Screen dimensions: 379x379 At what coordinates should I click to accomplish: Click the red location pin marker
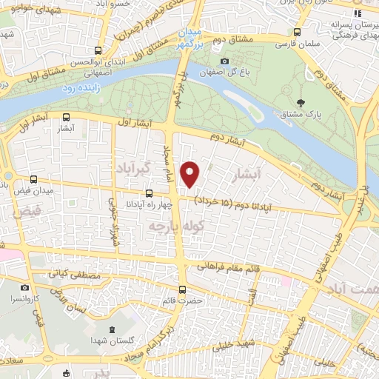(x=190, y=174)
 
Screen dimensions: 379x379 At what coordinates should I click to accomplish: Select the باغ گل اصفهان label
(x=224, y=73)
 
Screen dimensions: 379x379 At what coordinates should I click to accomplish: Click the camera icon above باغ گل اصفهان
(x=224, y=61)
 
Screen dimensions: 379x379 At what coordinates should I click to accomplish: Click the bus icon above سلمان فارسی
(x=297, y=33)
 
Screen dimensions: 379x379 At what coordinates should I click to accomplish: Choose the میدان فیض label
(x=32, y=191)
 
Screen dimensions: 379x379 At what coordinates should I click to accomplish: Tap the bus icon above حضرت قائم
(x=183, y=289)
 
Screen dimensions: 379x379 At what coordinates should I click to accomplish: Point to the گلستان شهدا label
(x=112, y=339)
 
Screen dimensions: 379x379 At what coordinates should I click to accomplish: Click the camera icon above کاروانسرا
(x=25, y=288)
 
